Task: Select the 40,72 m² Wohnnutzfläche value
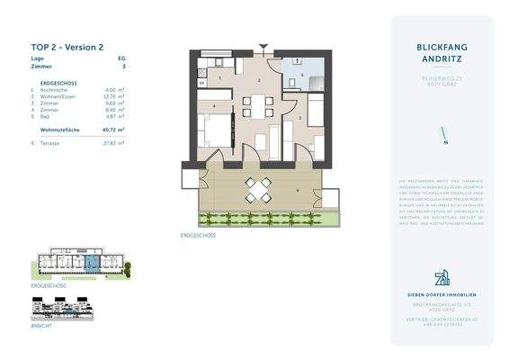coord(113,130)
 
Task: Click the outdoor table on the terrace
coord(259,190)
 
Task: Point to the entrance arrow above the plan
coord(262,46)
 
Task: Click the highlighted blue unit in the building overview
coord(92,264)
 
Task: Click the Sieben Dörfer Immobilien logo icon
coord(442,277)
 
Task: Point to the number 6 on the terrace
coord(297,190)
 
